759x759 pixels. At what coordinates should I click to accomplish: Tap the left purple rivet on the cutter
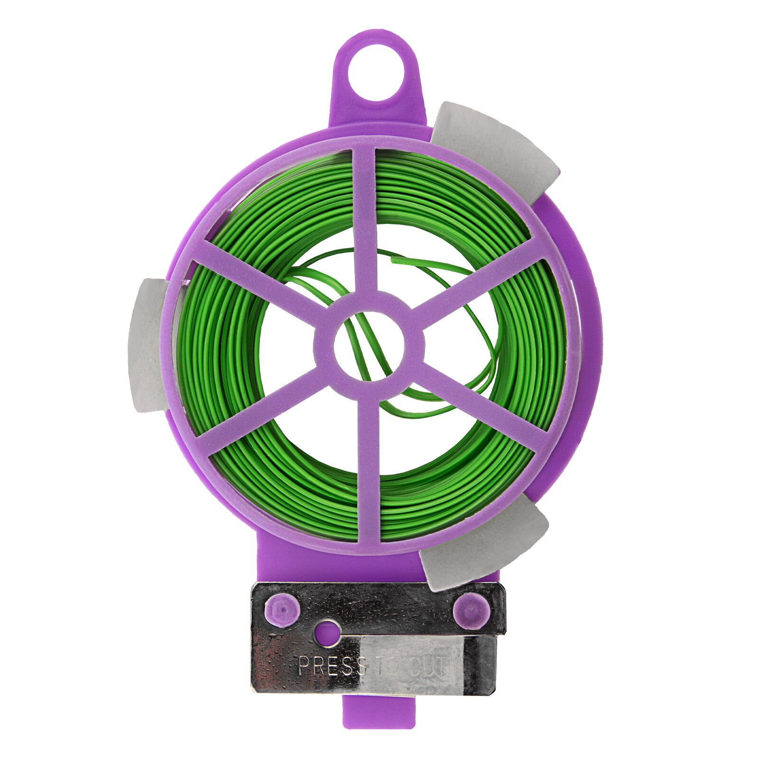click(282, 610)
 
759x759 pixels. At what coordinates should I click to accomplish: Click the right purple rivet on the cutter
click(470, 610)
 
